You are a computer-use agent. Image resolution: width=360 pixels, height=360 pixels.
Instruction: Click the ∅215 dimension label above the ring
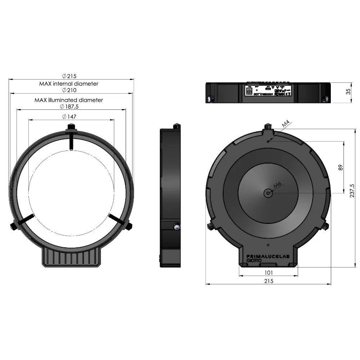click(x=69, y=76)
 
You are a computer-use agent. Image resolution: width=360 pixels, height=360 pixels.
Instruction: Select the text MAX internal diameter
click(x=69, y=84)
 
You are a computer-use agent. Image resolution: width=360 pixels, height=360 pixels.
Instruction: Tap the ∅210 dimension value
click(x=69, y=90)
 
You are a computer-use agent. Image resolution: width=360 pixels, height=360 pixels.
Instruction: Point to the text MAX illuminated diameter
click(x=69, y=100)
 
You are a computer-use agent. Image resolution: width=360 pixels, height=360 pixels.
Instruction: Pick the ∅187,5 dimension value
click(x=69, y=107)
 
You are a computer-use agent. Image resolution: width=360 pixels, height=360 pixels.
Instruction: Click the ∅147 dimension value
click(x=69, y=117)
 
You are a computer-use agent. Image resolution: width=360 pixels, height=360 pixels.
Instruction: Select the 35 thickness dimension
click(x=348, y=92)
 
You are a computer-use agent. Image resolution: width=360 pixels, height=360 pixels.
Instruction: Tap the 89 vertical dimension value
click(x=341, y=167)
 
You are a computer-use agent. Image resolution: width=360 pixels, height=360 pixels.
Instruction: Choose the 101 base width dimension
click(x=269, y=273)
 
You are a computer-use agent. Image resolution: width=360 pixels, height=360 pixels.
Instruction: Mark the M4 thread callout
click(x=285, y=125)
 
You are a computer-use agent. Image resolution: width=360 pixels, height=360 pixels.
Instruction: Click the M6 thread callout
click(x=277, y=185)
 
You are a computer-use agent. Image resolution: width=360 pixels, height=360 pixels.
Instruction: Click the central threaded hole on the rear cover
click(x=268, y=193)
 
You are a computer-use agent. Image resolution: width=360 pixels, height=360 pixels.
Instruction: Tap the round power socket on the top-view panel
click(x=248, y=92)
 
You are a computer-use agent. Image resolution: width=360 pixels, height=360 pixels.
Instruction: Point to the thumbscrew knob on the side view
click(x=176, y=226)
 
